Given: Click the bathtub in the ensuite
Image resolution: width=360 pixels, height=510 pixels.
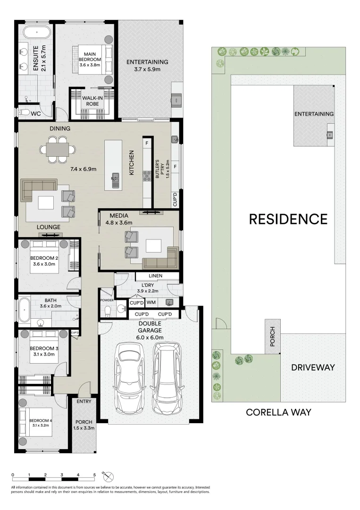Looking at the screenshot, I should coord(36,34).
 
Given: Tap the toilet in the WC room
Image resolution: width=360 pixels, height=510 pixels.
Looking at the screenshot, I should coord(23,113).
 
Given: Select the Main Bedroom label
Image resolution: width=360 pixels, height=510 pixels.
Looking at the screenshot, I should coord(90,57).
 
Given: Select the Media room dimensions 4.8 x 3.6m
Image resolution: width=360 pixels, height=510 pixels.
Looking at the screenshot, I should coord(119,223).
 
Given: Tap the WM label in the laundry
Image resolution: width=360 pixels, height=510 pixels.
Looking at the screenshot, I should coord(151,302).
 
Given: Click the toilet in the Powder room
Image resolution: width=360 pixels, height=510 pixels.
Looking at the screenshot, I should coord(108,310).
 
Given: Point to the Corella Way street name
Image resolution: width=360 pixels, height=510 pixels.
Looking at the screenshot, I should coord(278,412).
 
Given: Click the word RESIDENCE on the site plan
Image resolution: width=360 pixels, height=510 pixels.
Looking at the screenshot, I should coord(288,219).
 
